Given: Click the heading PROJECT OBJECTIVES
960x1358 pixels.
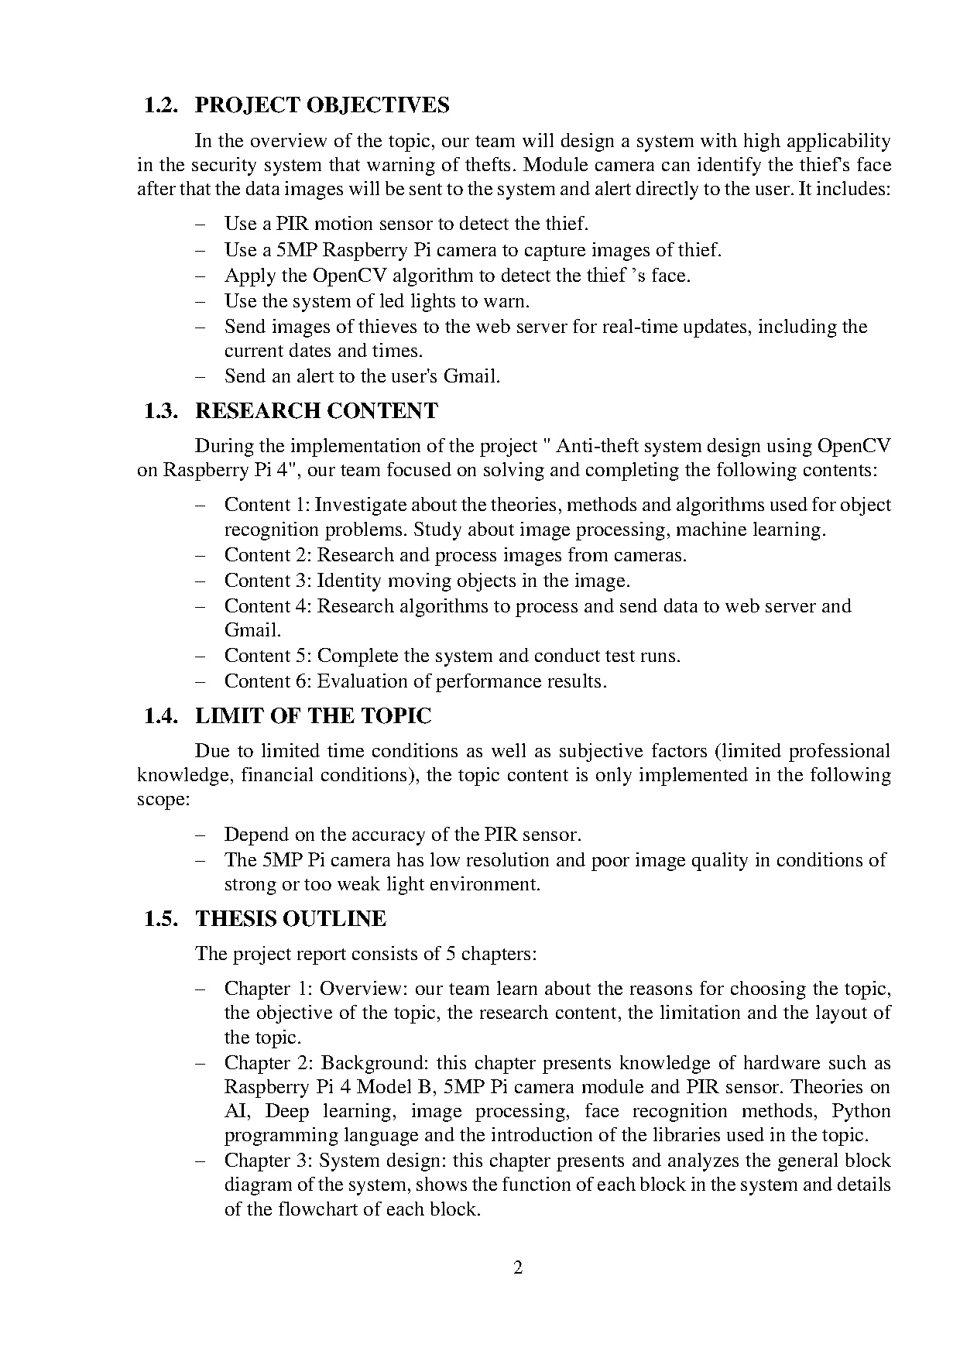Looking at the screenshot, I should (x=322, y=105).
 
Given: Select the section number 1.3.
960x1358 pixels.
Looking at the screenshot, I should (x=162, y=411).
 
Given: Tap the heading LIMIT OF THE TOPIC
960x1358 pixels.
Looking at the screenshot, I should (x=313, y=716).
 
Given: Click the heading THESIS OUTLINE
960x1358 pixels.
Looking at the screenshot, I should (x=290, y=919).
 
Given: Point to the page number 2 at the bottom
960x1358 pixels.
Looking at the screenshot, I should (x=518, y=1267).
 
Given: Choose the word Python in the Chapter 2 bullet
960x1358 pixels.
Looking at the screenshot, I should (x=861, y=1112).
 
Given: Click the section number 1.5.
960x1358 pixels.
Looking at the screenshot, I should (x=162, y=919).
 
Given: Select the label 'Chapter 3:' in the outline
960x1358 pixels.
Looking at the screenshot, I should (x=269, y=1161).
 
